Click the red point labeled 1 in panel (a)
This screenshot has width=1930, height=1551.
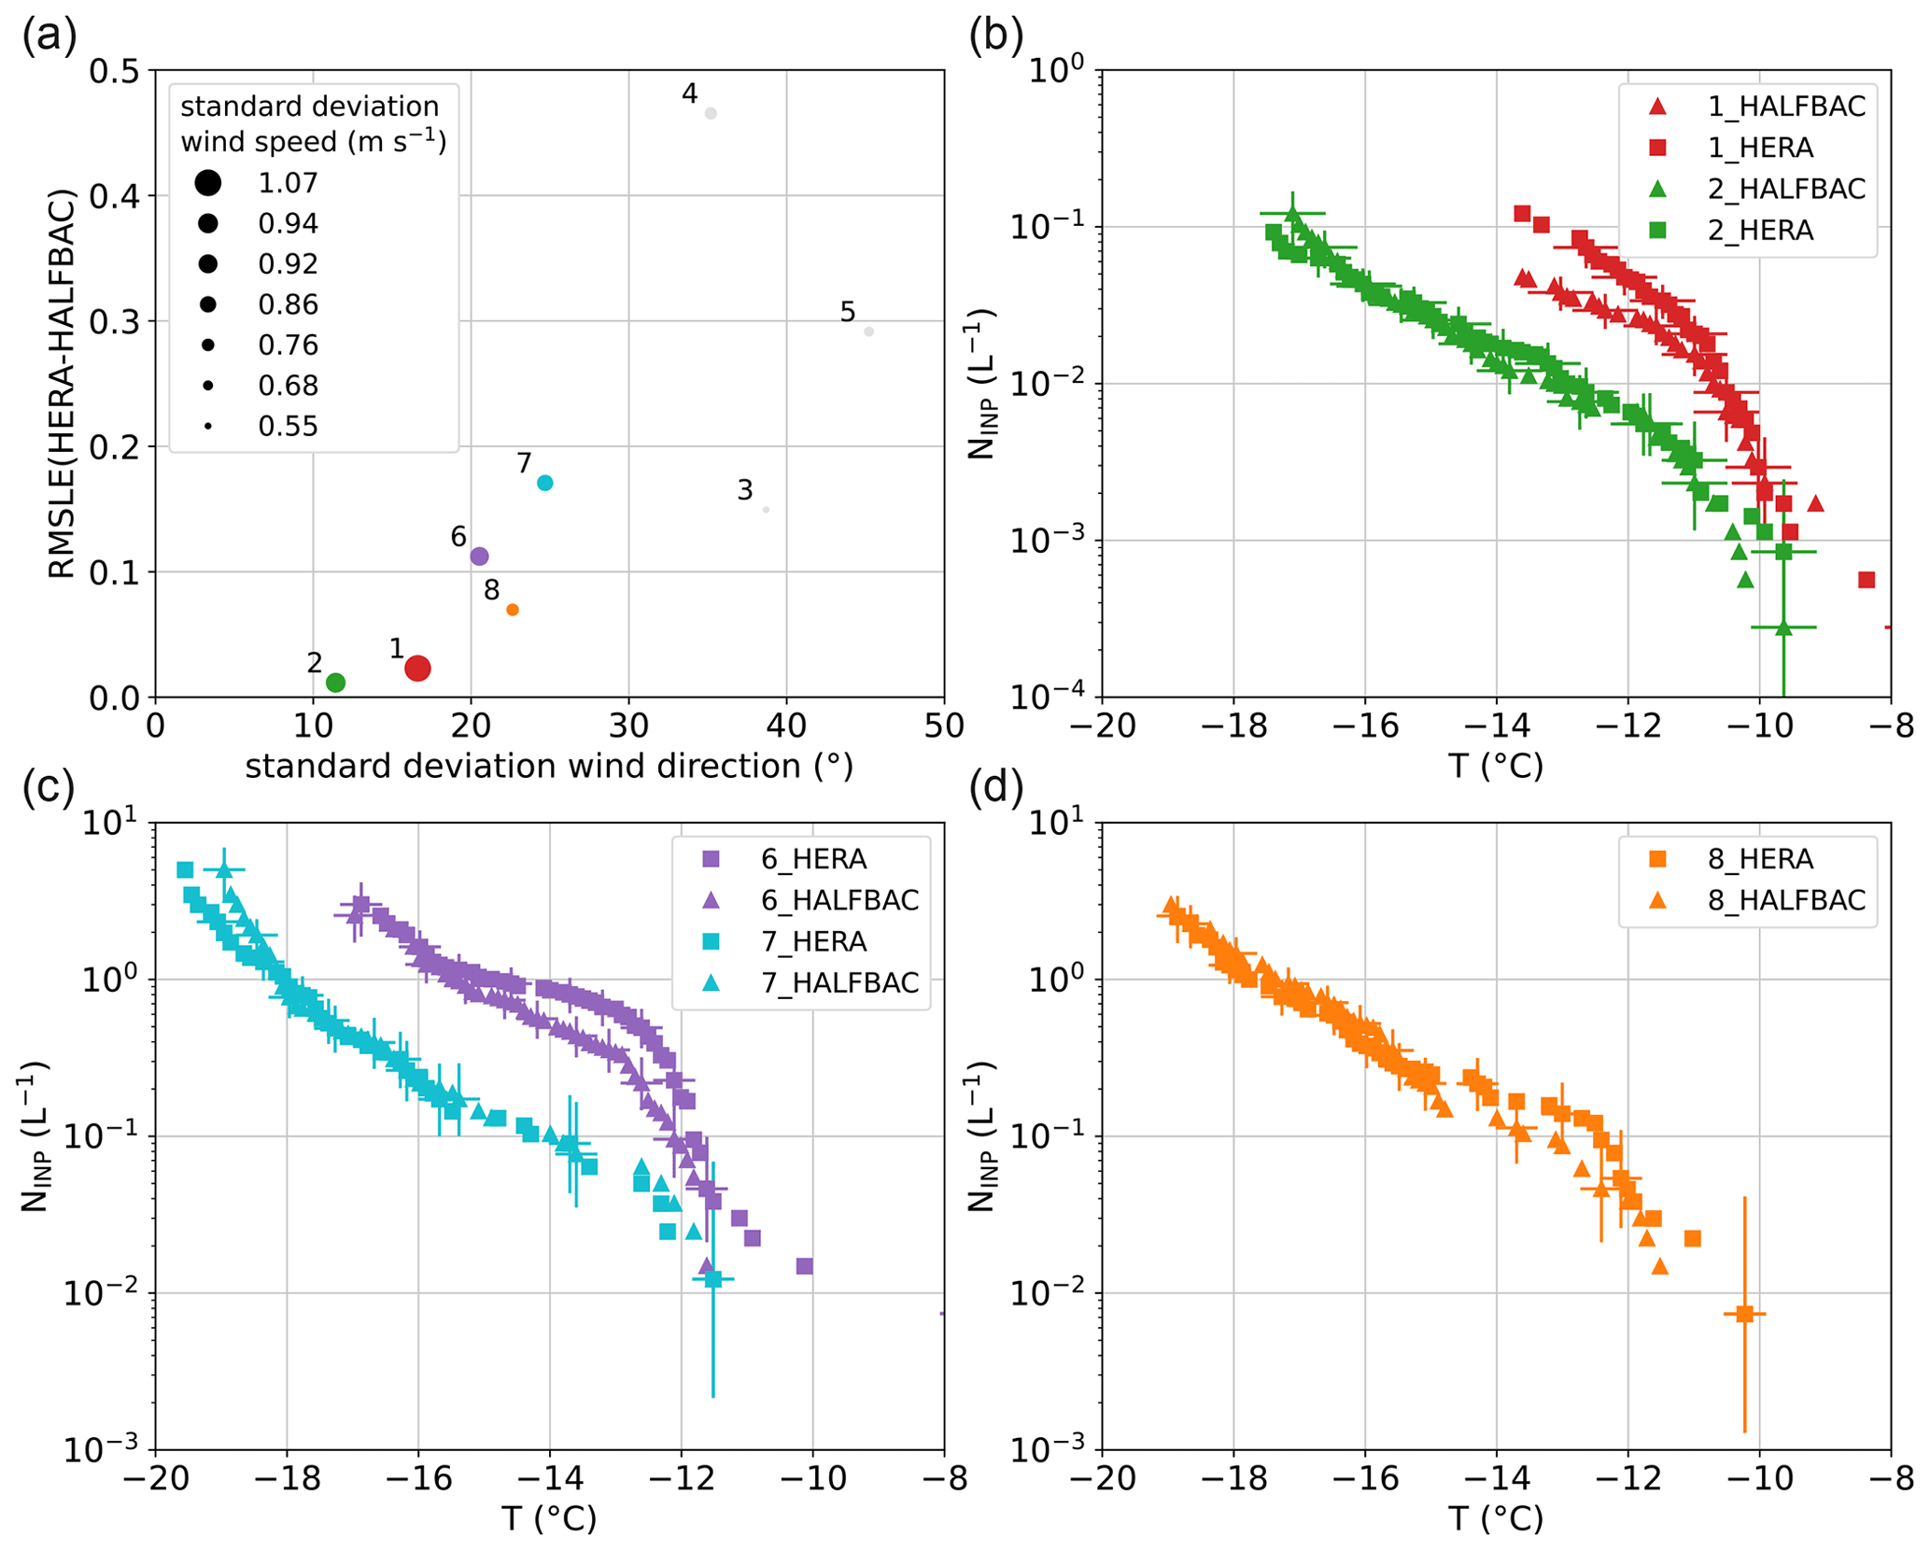417,668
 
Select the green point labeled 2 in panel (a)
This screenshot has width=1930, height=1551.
336,683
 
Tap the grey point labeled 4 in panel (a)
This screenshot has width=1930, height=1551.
711,114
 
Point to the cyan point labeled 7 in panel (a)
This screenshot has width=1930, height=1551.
545,483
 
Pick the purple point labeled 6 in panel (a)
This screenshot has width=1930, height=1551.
479,557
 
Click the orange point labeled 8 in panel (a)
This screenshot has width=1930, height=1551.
513,610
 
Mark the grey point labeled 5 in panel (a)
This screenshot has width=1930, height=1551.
868,331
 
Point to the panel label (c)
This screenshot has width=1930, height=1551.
49,787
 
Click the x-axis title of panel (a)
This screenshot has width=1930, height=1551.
549,766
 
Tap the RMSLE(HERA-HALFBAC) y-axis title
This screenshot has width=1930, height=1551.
62,384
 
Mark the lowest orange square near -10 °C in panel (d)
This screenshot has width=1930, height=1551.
1744,1314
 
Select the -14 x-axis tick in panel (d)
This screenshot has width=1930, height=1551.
1496,1478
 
